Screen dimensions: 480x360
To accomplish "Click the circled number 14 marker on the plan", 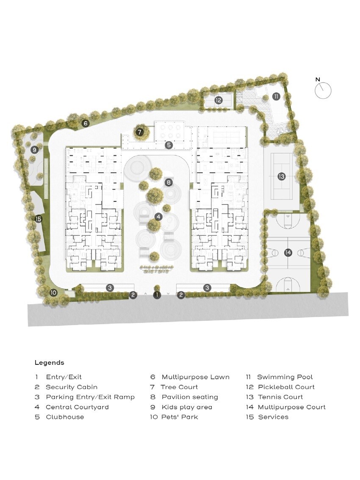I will point(288,253).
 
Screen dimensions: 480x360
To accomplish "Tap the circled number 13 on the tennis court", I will point(282,176).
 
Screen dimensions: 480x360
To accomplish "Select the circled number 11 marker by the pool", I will point(276,97).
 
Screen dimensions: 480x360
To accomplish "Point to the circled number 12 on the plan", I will point(219,100).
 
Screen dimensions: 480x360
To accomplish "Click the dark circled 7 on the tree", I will point(141,132).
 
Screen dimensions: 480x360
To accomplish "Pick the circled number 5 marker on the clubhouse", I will point(169,145).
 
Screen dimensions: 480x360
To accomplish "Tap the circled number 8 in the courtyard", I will point(169,183).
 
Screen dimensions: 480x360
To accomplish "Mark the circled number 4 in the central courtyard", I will point(158,217).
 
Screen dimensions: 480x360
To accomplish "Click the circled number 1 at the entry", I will point(157,295).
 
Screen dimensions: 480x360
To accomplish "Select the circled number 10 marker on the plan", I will point(53,292).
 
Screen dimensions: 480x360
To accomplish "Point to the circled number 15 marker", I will point(39,219).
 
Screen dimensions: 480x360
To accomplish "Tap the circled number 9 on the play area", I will point(35,149).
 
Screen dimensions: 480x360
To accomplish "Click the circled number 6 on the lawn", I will point(86,124).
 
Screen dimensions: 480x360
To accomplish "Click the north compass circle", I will point(323,90).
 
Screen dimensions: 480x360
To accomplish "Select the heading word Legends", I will point(49,363).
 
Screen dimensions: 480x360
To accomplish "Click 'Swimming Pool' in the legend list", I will point(285,377).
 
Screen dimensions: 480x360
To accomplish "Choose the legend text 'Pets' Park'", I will point(180,417).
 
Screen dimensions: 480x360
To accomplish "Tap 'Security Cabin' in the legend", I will point(71,387).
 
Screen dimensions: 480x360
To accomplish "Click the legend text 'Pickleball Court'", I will point(286,387).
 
